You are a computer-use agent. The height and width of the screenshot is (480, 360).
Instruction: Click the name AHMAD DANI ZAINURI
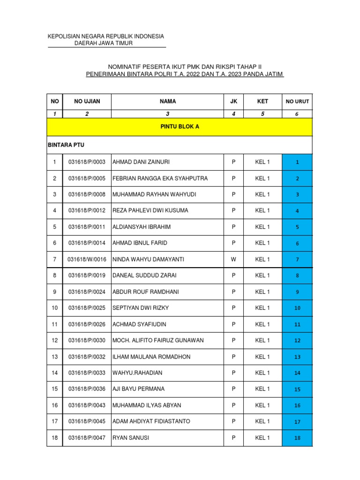point(141,162)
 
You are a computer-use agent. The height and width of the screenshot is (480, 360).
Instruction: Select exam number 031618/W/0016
point(87,259)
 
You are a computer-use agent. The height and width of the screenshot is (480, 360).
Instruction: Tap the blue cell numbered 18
point(297,438)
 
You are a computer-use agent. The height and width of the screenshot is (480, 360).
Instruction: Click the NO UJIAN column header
point(87,101)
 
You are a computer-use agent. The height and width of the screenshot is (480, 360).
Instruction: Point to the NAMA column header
point(167,101)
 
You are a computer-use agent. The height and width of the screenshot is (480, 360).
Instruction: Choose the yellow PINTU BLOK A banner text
point(180,127)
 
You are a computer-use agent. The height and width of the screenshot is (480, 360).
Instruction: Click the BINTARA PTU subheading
point(66,145)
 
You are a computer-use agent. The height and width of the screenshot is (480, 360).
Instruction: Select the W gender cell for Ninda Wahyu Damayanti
point(233,259)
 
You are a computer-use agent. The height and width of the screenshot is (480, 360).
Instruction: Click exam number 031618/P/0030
point(87,340)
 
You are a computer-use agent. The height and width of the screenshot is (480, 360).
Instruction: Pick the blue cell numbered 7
point(297,260)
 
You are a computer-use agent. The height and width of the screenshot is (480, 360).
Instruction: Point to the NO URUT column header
point(297,101)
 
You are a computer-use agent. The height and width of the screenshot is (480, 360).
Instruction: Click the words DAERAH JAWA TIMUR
point(104,44)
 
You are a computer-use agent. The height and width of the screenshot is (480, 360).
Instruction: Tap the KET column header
point(262,101)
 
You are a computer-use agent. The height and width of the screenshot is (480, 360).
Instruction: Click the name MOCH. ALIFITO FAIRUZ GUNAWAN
point(158,340)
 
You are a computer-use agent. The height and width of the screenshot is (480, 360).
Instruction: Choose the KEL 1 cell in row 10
point(262,308)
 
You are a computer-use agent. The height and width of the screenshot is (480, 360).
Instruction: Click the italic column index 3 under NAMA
point(167,114)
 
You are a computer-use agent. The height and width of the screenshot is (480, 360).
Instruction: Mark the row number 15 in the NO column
point(55,389)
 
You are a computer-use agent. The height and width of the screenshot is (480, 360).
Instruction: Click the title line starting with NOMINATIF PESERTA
point(185,67)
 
